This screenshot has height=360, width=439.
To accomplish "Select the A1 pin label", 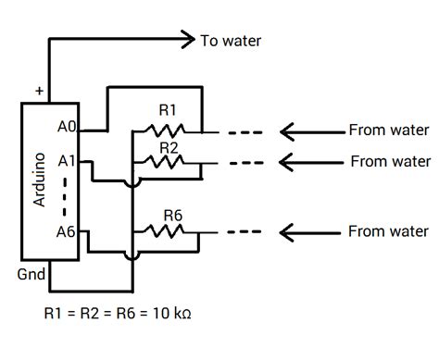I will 67,160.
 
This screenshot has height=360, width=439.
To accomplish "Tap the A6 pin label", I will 67,230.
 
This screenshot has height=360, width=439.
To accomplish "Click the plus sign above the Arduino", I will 39,91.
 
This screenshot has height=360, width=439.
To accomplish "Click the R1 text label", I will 168,110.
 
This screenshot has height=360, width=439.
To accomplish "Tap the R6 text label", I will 172,214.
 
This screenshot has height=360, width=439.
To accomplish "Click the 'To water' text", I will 231,41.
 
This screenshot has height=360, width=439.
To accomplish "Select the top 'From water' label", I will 388,130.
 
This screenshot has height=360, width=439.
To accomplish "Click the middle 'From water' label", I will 390,161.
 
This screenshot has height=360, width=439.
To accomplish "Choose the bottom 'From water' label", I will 388,230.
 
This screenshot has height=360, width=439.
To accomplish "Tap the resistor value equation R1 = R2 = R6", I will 118,312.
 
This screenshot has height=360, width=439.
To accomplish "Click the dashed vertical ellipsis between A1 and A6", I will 66,195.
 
